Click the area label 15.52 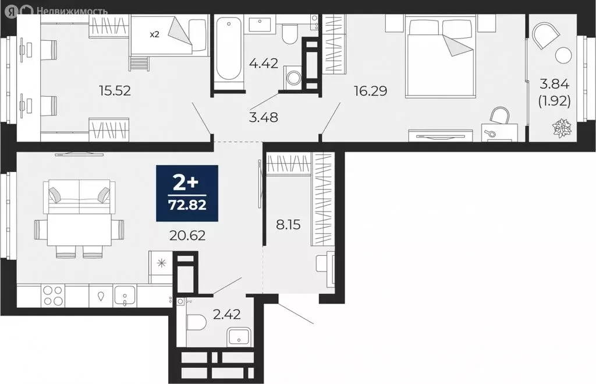(115, 90)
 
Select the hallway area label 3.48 (263, 117)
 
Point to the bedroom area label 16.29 (371, 90)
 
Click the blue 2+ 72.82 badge (187, 193)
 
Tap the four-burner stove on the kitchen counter (53, 296)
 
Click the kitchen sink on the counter (125, 296)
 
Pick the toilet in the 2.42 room (196, 322)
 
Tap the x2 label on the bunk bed (154, 34)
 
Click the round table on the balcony (563, 56)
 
